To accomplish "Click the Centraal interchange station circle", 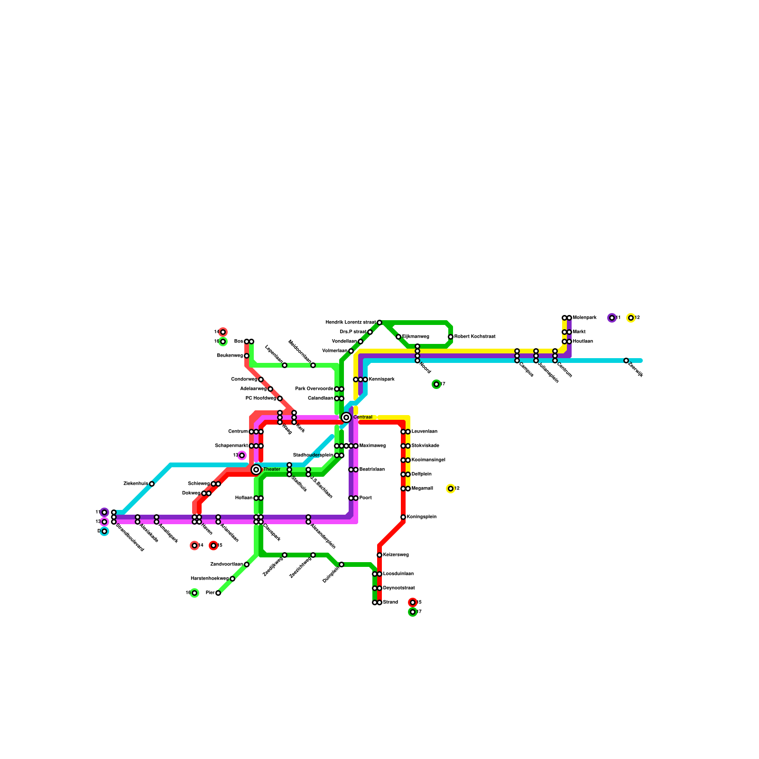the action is (x=346, y=417).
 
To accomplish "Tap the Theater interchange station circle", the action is (x=256, y=470).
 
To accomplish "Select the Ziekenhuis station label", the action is (x=136, y=484).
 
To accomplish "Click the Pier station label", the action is (x=210, y=593).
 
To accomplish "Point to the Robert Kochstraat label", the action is (x=475, y=337).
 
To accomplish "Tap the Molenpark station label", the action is (x=584, y=318).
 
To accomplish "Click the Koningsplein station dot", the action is (x=403, y=517).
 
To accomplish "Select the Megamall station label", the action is (x=422, y=489).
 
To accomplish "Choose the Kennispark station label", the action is (x=381, y=379).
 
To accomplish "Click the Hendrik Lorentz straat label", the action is (x=351, y=323).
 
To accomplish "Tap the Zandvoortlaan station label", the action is (x=226, y=565).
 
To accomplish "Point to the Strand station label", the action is (x=390, y=602).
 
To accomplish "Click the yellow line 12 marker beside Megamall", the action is (x=451, y=489).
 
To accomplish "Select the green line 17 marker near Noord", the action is (x=436, y=384).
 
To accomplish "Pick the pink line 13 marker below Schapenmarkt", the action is (x=242, y=455).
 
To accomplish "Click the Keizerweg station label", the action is (x=396, y=555).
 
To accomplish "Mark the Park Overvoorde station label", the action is (x=314, y=389).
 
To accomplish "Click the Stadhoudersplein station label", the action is (x=313, y=455).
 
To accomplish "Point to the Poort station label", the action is (x=365, y=498).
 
